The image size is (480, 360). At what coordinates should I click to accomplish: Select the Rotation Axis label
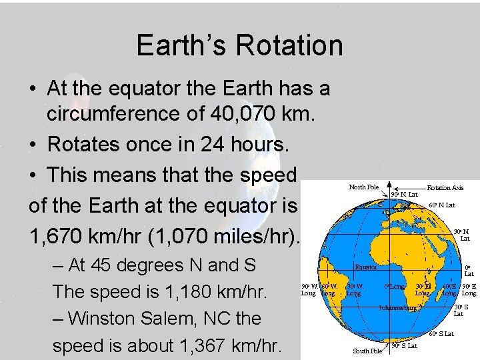[x=445, y=189]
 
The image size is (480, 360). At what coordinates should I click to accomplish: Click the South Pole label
[x=367, y=351]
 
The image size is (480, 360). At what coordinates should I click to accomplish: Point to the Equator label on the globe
[x=366, y=267]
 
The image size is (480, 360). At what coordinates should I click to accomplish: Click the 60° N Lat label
[x=442, y=205]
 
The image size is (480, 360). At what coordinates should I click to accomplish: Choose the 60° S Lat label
[x=441, y=333]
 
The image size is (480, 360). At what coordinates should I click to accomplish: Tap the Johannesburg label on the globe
[x=398, y=308]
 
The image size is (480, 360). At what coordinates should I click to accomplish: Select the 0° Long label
[x=395, y=287]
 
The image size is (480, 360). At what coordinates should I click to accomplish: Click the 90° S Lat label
[x=404, y=346]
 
